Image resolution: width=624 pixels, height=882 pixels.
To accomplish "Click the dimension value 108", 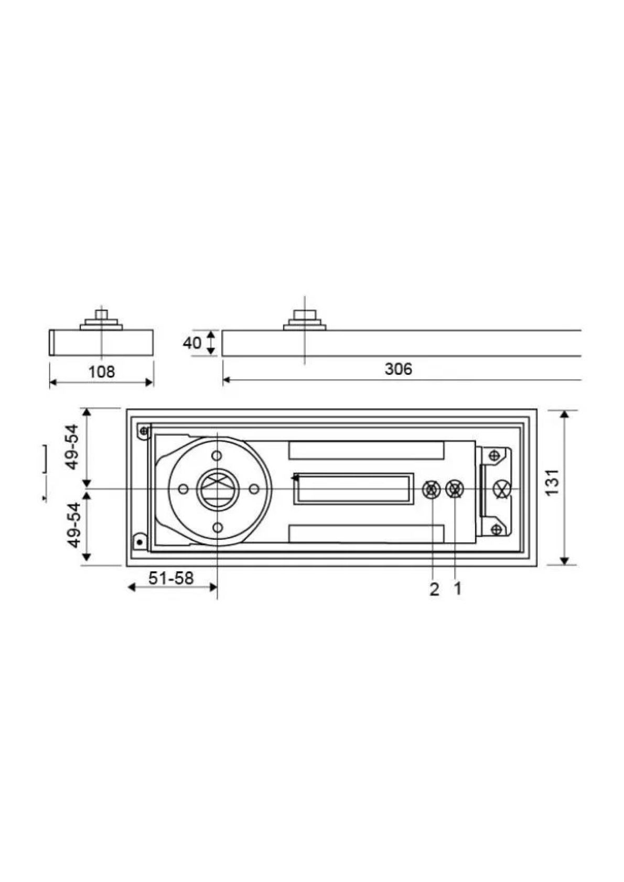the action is tap(102, 372).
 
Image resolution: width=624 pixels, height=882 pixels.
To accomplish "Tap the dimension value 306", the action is tap(399, 369).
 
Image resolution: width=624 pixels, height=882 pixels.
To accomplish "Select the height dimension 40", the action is tap(192, 343).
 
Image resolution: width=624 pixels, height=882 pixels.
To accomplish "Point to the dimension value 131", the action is tap(553, 482).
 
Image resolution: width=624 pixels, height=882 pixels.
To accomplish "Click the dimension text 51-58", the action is tap(171, 578).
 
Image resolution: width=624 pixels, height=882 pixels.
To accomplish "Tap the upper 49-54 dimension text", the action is tap(73, 447).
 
